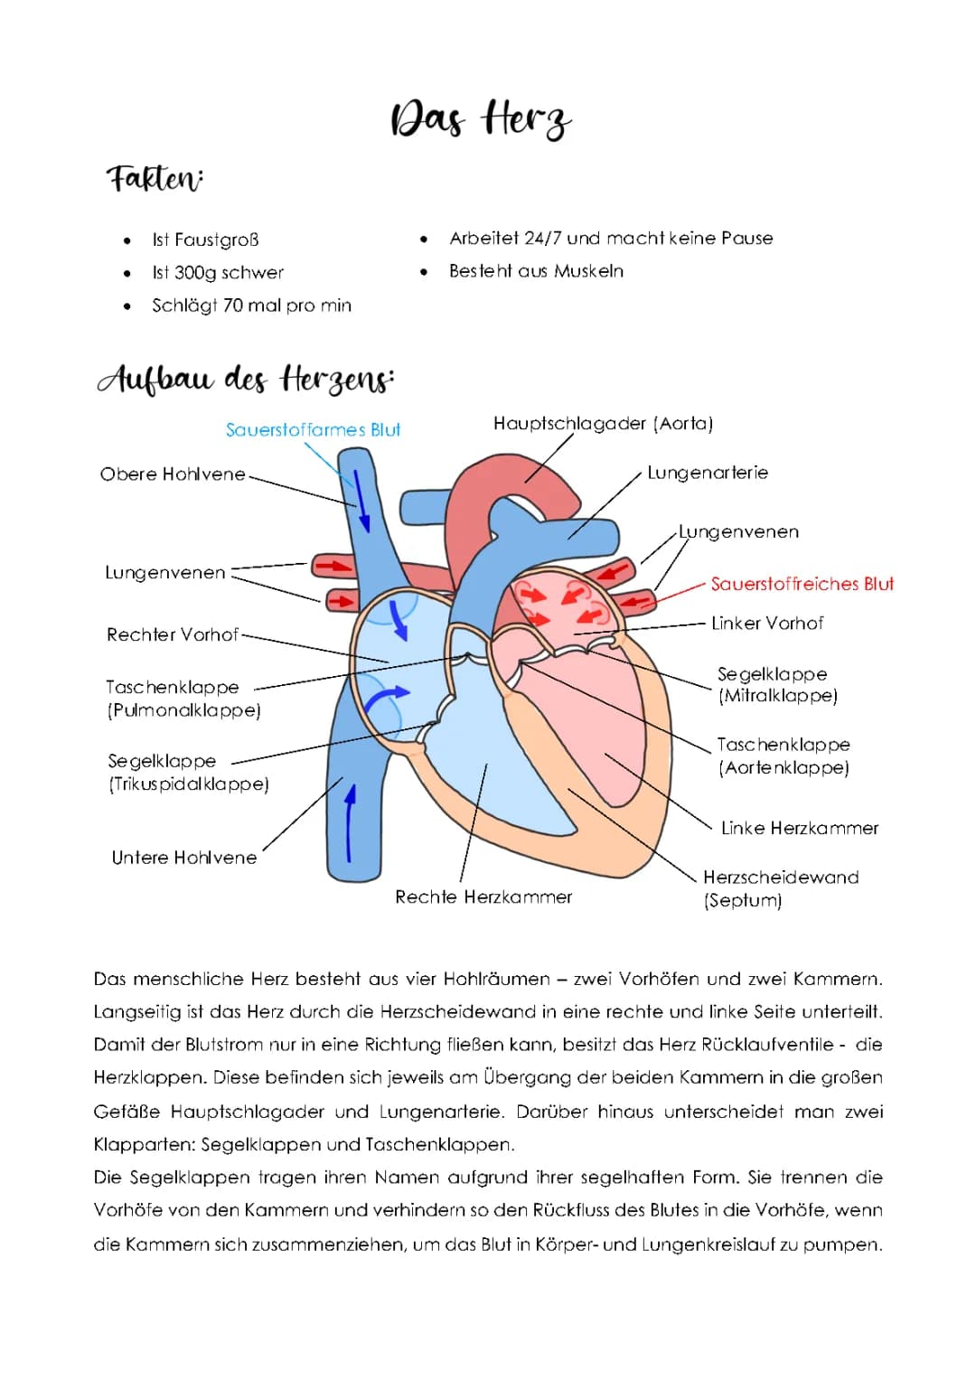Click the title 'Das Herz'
(480, 118)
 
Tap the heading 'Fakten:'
(155, 178)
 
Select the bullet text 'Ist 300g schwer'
(218, 273)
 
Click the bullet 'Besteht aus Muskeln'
(536, 271)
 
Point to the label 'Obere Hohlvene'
(173, 474)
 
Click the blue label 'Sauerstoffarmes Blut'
(313, 430)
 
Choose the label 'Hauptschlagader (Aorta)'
(603, 424)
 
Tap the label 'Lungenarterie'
(708, 473)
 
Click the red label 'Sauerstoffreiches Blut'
(802, 584)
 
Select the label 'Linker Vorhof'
(767, 624)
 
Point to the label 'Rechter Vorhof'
(173, 634)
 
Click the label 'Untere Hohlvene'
(184, 858)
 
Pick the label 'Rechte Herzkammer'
(483, 897)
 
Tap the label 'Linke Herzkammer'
(800, 828)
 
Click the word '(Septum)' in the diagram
(743, 900)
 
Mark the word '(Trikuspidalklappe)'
(189, 784)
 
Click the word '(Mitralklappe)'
(778, 696)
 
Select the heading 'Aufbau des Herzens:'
(246, 380)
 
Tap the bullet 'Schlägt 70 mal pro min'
(251, 305)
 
